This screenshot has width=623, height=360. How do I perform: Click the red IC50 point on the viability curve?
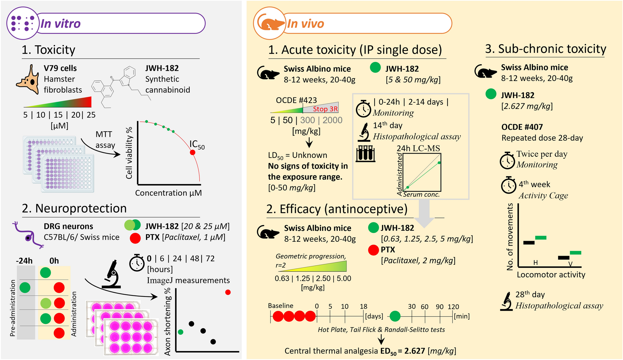(193, 152)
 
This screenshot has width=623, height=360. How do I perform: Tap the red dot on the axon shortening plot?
(228, 292)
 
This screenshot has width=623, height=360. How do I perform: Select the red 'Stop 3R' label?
(325, 109)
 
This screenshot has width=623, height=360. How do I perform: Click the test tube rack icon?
(366, 154)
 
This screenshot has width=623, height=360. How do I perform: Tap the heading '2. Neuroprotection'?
(74, 208)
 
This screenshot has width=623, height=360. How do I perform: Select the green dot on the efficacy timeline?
(395, 316)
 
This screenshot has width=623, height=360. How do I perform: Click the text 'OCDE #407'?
(522, 127)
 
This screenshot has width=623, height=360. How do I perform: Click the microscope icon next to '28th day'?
(507, 301)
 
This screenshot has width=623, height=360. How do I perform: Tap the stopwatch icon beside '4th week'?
(508, 185)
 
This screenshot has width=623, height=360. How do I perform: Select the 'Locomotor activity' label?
(551, 275)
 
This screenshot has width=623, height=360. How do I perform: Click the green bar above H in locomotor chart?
(541, 238)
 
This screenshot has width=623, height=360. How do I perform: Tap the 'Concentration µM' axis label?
(168, 193)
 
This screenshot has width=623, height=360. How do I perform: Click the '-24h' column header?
(24, 261)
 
